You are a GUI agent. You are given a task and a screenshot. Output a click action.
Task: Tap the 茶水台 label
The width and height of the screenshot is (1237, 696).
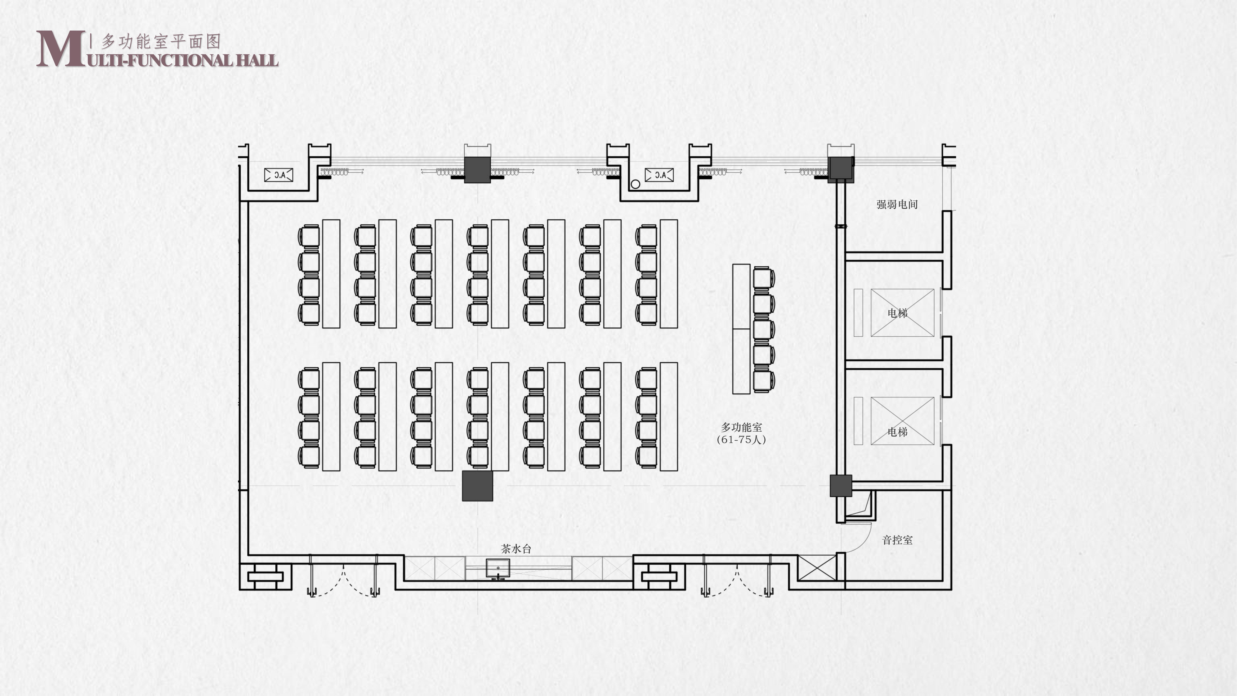tap(516, 548)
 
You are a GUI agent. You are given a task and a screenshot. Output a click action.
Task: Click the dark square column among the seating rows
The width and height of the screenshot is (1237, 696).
tap(477, 486)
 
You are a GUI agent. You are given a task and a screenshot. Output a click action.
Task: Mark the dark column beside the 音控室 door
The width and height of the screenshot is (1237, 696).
tap(841, 486)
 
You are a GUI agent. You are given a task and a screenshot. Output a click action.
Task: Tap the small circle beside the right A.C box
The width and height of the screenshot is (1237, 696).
tap(635, 184)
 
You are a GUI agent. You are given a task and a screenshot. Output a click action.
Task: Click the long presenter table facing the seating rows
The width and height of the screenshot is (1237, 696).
tap(741, 329)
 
